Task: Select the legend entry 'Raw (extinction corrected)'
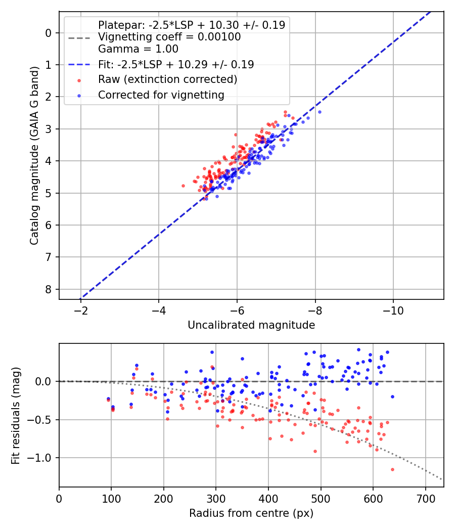167,79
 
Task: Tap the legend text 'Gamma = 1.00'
138,49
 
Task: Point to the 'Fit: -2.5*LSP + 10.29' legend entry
176,64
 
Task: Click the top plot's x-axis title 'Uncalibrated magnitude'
251,325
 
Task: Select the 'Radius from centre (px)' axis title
251,513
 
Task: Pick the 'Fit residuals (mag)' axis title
16,415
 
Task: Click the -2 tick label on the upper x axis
81,310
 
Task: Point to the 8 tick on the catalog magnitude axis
49,289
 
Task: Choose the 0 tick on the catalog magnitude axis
49,33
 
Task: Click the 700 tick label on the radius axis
425,499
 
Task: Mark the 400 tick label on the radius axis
268,499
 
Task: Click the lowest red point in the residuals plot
392,469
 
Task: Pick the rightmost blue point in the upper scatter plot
320,112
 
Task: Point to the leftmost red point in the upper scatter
183,186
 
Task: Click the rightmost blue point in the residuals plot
392,396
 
